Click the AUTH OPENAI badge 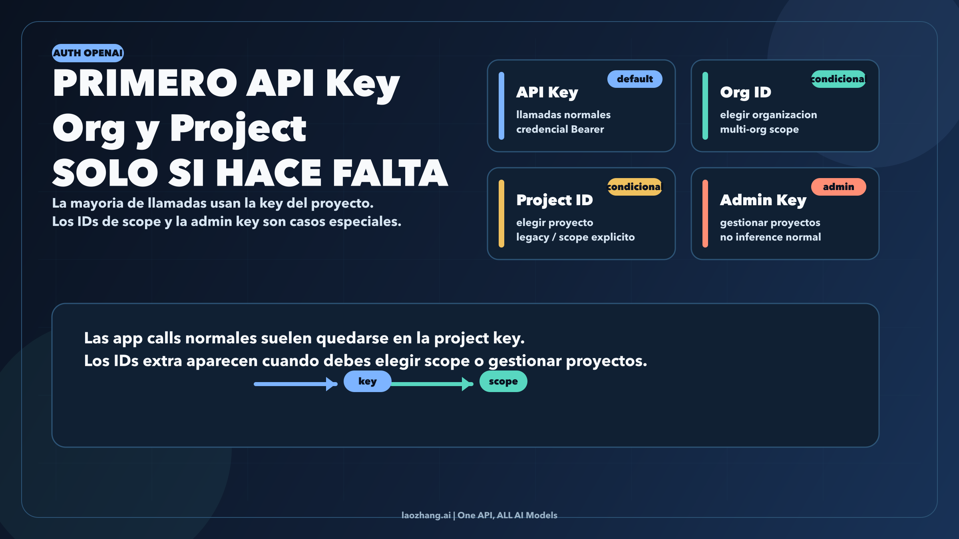(x=88, y=53)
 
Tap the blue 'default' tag (x=635, y=79)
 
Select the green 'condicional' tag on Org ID (x=838, y=79)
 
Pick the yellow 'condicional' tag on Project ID (x=635, y=187)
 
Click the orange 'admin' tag (x=838, y=187)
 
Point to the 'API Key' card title (x=547, y=92)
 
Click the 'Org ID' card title (x=746, y=92)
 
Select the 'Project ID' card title (x=555, y=200)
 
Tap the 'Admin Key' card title (x=763, y=200)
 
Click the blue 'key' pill (x=367, y=381)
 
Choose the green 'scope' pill (x=503, y=381)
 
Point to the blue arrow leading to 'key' (x=296, y=384)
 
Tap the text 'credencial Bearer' (x=560, y=129)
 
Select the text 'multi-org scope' (x=759, y=129)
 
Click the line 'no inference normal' (x=770, y=237)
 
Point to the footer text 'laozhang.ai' (x=426, y=515)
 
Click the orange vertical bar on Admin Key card (x=705, y=214)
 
